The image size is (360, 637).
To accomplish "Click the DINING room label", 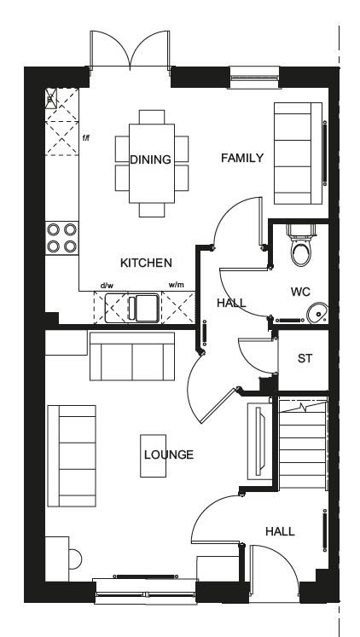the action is coord(150,159).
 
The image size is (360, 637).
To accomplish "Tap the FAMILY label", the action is coord(242,158).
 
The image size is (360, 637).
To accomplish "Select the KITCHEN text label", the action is coord(146,263).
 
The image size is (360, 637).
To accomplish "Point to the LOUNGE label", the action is coord(169,455).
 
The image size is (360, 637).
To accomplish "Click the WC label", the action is coord(300,292).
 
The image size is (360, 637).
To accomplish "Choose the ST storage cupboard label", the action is coord(305,358).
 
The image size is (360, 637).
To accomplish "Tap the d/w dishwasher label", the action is coord(107,285).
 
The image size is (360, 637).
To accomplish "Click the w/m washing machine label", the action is coord(177,285).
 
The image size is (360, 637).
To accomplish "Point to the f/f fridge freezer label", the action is coord(85,138).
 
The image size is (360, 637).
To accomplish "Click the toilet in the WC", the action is coord(301,245).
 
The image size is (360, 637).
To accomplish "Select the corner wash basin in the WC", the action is coord(317,313).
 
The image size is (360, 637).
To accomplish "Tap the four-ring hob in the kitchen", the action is coord(61,238).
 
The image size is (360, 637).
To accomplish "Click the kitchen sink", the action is coord(131,308).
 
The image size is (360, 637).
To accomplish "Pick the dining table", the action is coord(152,164).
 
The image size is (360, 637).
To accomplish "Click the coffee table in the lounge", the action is coord(154,455).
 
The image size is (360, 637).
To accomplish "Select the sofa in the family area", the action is coord(299,153).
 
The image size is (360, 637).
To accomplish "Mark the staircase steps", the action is coord(303,444).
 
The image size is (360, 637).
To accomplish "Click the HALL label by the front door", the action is coord(280,531).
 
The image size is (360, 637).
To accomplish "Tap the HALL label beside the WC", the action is coord(231,303).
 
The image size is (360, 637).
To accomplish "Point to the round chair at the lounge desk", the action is coord(75,559).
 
